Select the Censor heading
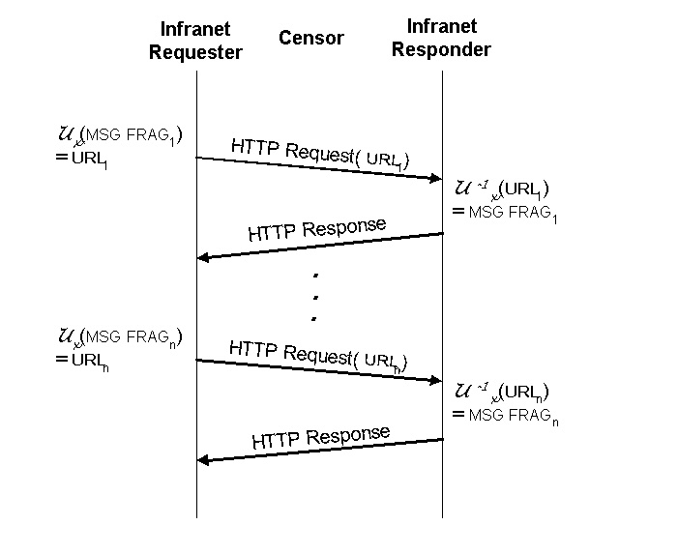point(310,38)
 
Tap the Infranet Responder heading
point(441,39)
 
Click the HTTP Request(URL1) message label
point(319,154)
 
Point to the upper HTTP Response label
point(317,230)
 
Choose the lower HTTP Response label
point(320,437)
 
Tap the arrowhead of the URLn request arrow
point(435,380)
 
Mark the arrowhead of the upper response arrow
point(203,257)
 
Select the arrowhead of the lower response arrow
point(203,459)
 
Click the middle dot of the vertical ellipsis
point(315,297)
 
